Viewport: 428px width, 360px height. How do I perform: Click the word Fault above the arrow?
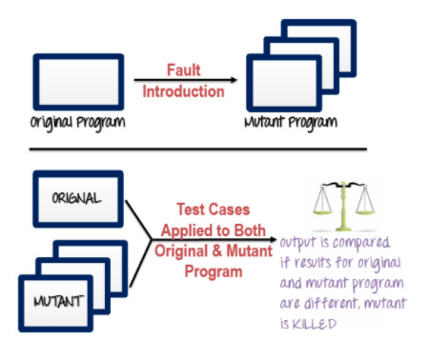(182, 70)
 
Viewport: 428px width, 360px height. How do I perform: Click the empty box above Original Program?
(78, 81)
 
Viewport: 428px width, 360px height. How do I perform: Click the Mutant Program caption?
(304, 124)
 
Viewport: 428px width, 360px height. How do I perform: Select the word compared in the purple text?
(373, 243)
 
